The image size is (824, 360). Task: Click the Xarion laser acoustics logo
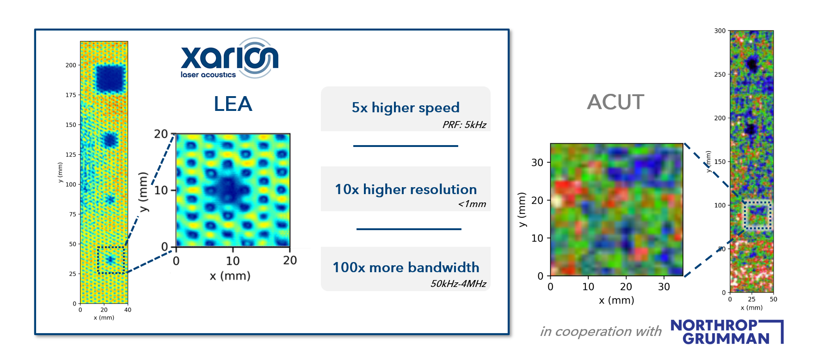[x=229, y=59]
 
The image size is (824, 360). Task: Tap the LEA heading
[x=233, y=104]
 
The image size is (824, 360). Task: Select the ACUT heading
[x=615, y=102]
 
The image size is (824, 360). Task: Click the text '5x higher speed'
[x=406, y=108]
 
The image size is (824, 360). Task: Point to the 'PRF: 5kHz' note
[x=464, y=125]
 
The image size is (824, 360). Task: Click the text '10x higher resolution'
[x=406, y=189]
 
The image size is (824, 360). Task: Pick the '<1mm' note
[x=472, y=204]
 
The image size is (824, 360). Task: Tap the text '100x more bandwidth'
[x=406, y=268]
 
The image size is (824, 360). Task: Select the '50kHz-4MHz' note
[x=458, y=284]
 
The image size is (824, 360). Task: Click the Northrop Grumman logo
[x=726, y=332]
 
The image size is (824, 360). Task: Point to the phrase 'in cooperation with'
[x=601, y=331]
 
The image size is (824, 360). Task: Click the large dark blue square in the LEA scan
[x=111, y=78]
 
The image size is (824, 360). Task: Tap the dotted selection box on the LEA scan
[x=111, y=260]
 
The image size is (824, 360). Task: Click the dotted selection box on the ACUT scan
[x=757, y=215]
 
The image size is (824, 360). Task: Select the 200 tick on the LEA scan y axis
[x=71, y=65]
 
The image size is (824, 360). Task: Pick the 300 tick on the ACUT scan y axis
[x=719, y=31]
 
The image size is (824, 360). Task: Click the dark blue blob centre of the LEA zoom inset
[x=228, y=189]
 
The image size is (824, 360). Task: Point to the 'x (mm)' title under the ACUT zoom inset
[x=616, y=300]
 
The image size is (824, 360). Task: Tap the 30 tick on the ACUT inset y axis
[x=537, y=163]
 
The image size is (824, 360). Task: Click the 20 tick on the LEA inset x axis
[x=290, y=261]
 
